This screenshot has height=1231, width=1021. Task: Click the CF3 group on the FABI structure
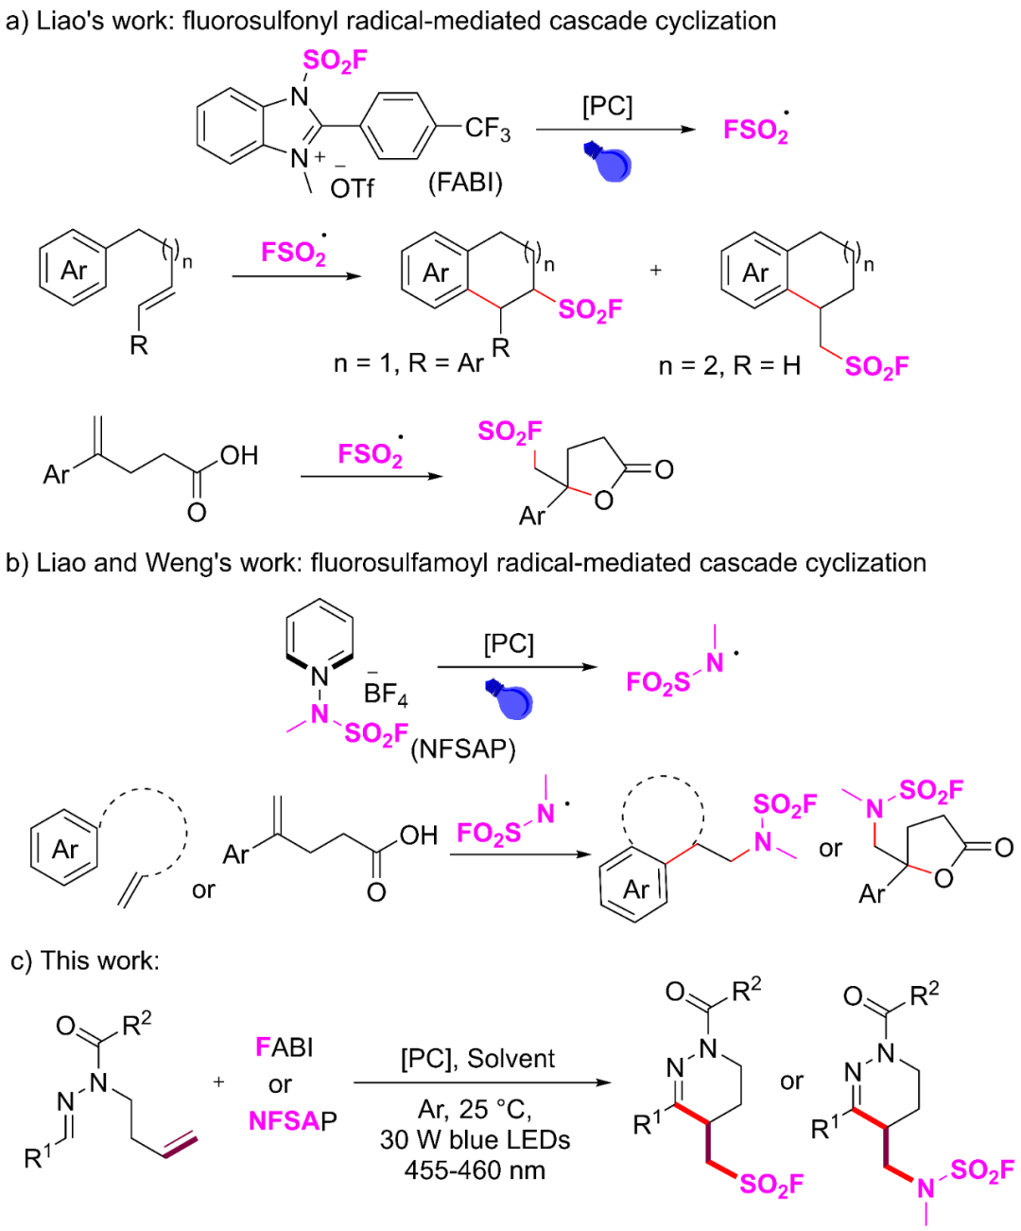click(487, 128)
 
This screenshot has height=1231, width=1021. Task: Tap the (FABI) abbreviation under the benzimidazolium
click(465, 182)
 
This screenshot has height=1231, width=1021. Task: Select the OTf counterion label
click(352, 188)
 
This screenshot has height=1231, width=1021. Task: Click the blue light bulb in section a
click(608, 162)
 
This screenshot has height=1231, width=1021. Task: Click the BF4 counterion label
click(386, 695)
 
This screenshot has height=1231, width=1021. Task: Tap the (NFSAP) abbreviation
click(463, 749)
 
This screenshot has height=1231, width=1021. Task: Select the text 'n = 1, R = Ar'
click(408, 363)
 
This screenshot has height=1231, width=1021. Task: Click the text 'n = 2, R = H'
click(729, 366)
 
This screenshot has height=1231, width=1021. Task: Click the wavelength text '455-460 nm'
click(475, 1170)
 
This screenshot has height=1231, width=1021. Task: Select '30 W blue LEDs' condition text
click(475, 1139)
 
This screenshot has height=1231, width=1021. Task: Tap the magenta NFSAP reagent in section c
click(292, 1121)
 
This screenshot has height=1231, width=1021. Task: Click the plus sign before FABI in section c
click(219, 1082)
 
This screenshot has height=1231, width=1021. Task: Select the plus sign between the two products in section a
click(656, 271)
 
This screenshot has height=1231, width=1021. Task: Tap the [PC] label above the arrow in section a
click(607, 106)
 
